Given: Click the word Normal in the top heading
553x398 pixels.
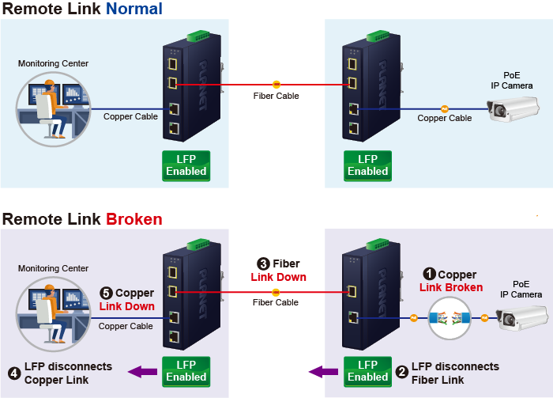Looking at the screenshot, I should click(x=134, y=9).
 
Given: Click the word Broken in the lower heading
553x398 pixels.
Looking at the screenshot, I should click(x=134, y=219).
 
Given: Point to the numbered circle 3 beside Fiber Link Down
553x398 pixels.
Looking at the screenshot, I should click(x=264, y=263).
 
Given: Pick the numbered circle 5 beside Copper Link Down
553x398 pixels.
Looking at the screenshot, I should click(x=107, y=294).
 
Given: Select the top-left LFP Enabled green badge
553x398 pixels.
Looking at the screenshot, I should click(x=186, y=165).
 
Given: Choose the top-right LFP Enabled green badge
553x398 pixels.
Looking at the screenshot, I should click(x=368, y=165).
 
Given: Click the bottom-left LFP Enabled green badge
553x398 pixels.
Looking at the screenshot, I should click(x=186, y=371).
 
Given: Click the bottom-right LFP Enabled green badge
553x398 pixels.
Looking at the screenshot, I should click(x=368, y=371).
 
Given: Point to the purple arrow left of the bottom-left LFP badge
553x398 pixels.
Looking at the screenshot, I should click(x=142, y=371).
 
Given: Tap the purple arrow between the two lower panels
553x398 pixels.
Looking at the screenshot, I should click(x=321, y=371).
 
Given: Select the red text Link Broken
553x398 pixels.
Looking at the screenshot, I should click(x=451, y=287).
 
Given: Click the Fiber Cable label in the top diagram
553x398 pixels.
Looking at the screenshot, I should click(x=276, y=96).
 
